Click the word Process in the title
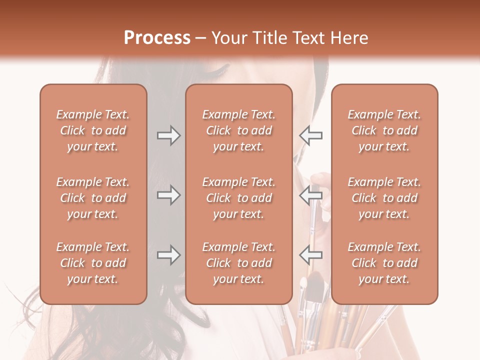pos(157,38)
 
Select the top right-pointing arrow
pos(168,135)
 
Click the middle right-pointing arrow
pos(168,195)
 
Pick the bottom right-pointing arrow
pos(168,255)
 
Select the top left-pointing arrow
pos(311,135)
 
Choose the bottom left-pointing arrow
pos(311,255)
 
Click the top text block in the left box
pos(93,130)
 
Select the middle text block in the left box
pos(93,198)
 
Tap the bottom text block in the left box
pos(93,263)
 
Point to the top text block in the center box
pos(238,130)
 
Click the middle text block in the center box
pos(238,198)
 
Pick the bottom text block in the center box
pos(238,263)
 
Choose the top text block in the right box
pos(384,130)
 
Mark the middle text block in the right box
pos(384,198)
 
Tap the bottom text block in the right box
pos(384,263)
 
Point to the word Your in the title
pos(228,38)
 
